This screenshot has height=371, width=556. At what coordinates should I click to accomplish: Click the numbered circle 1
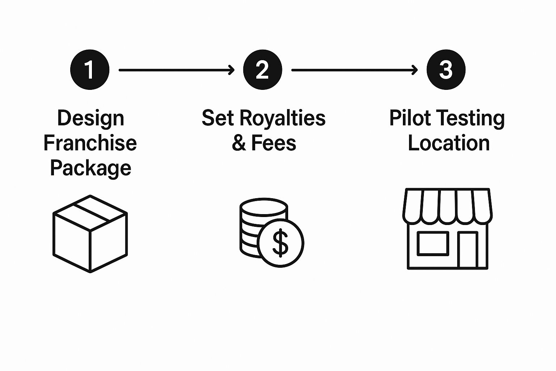click(89, 70)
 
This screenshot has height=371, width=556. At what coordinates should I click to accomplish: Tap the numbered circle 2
click(262, 70)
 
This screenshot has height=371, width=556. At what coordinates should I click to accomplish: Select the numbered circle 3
click(446, 70)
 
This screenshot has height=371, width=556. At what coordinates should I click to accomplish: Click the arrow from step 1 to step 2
click(176, 70)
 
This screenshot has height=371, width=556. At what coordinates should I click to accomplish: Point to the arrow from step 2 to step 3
click(354, 70)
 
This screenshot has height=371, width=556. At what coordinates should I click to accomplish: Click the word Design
click(90, 118)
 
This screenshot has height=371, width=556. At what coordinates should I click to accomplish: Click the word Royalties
click(283, 118)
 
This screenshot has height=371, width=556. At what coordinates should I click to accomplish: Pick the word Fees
click(274, 143)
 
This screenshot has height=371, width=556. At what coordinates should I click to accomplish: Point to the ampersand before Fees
click(239, 143)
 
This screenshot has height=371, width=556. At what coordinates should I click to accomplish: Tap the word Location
click(448, 143)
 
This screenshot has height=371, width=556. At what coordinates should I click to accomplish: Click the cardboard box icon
click(90, 234)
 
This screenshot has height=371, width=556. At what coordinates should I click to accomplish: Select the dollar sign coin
click(281, 243)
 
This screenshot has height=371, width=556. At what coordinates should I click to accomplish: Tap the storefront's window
click(433, 243)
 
